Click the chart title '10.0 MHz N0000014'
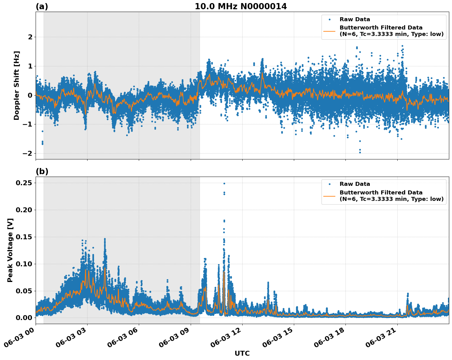pos(241,6)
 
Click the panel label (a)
pos(42,6)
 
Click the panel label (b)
pos(42,171)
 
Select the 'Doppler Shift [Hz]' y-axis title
pos(17,85)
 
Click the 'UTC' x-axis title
pos(242,353)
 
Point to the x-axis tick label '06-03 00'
pos(19,338)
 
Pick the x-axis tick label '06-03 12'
pos(226,338)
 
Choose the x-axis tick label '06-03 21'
pos(381,338)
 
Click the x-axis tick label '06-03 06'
pos(122,338)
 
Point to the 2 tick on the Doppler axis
pos(30,37)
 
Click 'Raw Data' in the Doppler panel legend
pos(355,19)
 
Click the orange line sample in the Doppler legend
pos(329,31)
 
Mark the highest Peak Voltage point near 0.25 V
pos(224,183)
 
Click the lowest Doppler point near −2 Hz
pos(360,152)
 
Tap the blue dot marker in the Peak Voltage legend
pos(329,184)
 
